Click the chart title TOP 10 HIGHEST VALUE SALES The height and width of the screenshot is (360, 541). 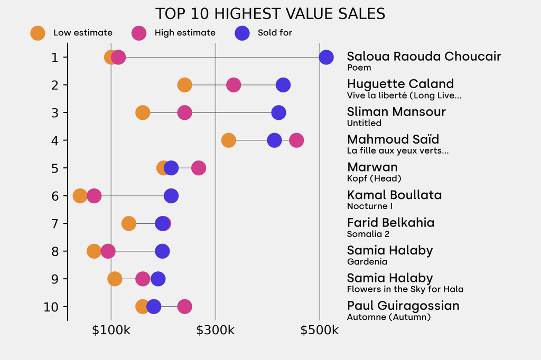pyautogui.click(x=270, y=14)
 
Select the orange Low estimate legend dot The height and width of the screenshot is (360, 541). pyautogui.click(x=38, y=33)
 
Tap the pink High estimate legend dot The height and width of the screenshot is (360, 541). pyautogui.click(x=139, y=33)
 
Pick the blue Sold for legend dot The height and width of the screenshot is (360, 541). pyautogui.click(x=242, y=33)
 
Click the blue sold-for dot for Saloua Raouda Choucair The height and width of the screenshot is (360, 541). pyautogui.click(x=327, y=57)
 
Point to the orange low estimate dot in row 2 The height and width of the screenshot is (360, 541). pyautogui.click(x=184, y=85)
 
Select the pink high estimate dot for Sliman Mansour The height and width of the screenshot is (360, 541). pyautogui.click(x=184, y=112)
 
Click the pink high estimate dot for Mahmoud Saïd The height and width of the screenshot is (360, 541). pyautogui.click(x=296, y=140)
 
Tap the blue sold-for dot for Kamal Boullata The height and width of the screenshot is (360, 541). pyautogui.click(x=171, y=196)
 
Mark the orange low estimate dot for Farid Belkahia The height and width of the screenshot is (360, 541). pyautogui.click(x=128, y=223)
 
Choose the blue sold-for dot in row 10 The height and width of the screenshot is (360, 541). pyautogui.click(x=154, y=307)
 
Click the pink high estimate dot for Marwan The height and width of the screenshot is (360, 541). pyautogui.click(x=199, y=168)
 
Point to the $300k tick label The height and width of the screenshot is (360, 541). pyautogui.click(x=215, y=330)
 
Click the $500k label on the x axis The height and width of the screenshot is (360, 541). pyautogui.click(x=319, y=330)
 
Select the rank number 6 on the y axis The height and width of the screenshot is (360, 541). pyautogui.click(x=55, y=196)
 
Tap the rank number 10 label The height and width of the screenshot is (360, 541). pyautogui.click(x=52, y=307)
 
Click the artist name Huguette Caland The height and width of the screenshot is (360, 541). pyautogui.click(x=400, y=84)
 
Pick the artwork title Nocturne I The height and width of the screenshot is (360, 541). pyautogui.click(x=369, y=206)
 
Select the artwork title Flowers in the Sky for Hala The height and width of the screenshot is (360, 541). pyautogui.click(x=405, y=289)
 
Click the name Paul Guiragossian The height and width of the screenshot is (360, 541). pyautogui.click(x=403, y=306)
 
